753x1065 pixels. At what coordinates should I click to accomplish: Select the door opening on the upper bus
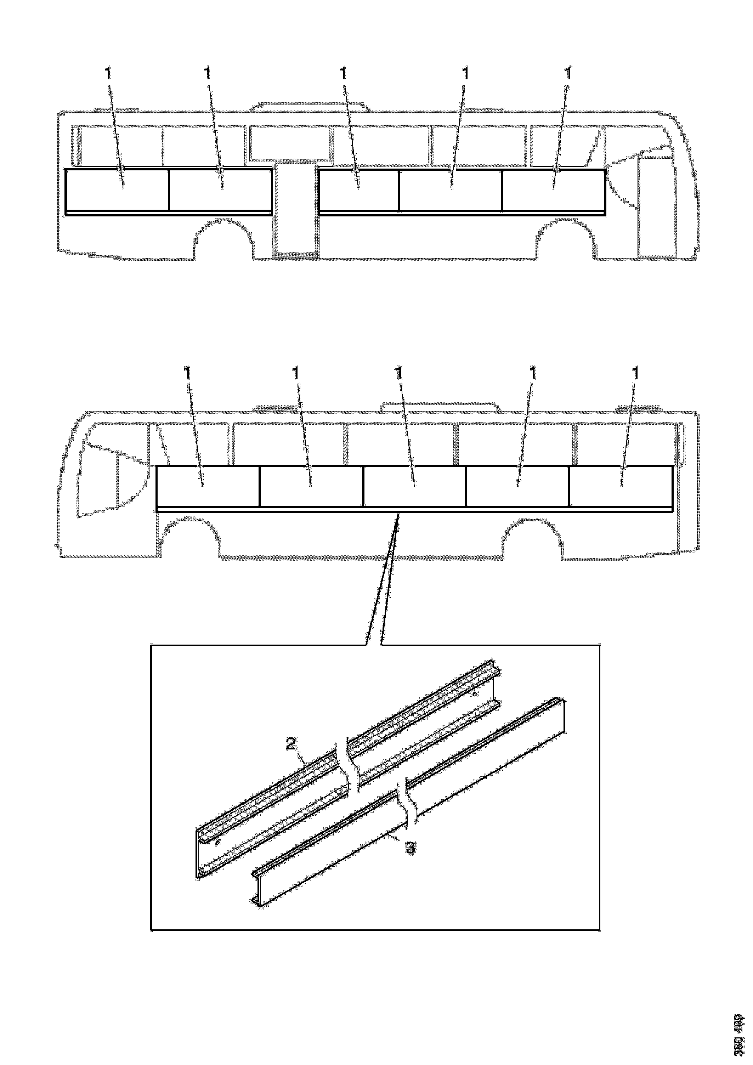[x=295, y=209]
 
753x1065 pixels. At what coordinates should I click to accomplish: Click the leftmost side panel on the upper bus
[x=117, y=190]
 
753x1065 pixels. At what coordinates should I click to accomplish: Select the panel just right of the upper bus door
[x=359, y=190]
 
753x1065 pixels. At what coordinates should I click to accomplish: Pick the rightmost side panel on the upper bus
[x=554, y=190]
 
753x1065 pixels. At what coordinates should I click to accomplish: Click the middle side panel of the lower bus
[x=414, y=486]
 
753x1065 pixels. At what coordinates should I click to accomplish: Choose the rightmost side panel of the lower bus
[x=621, y=486]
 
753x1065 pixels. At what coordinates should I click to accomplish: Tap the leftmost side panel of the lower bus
[x=208, y=486]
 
